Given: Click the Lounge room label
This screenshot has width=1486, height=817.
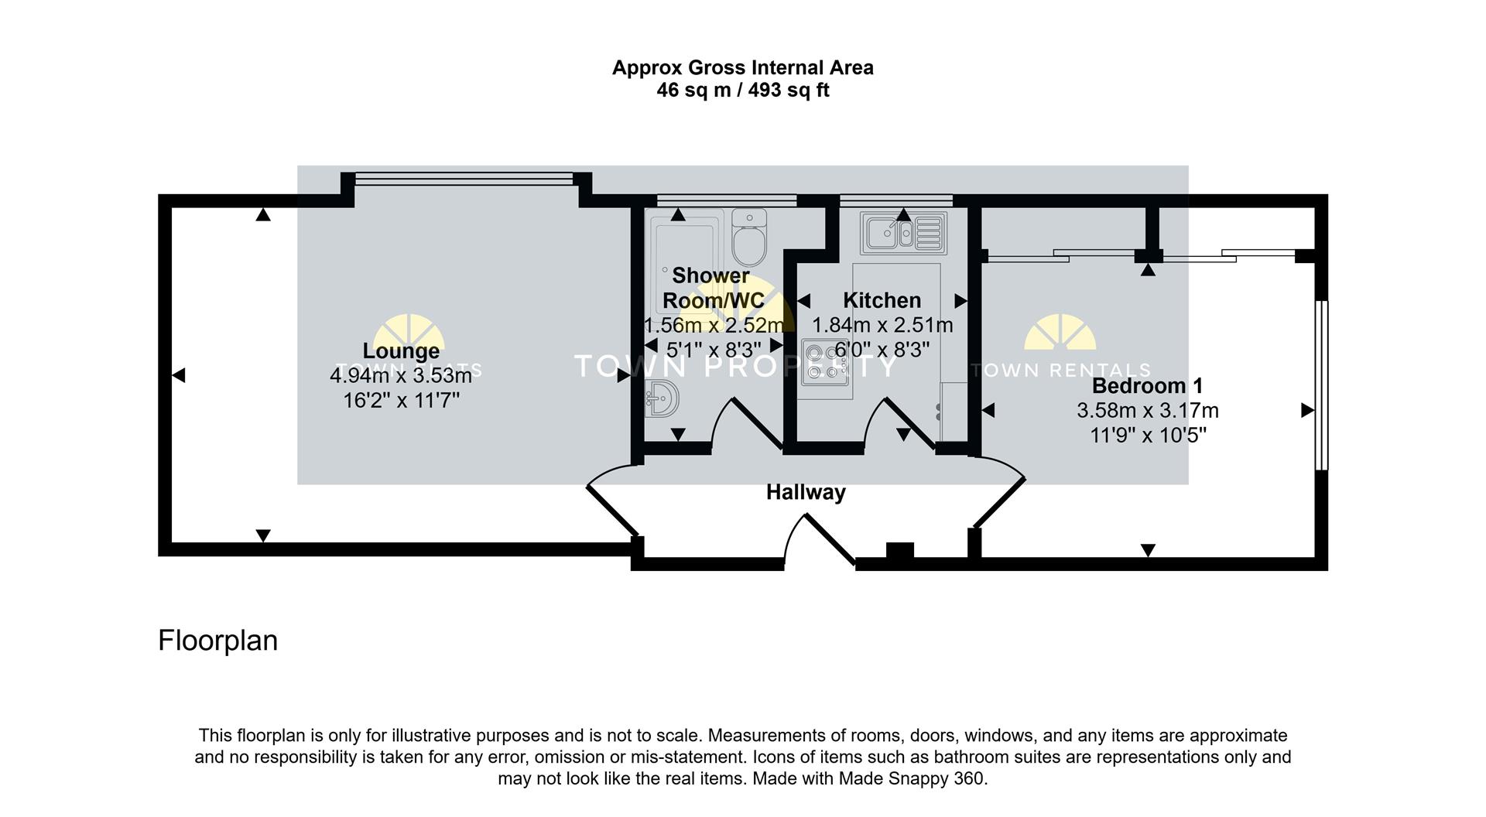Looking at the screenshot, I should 401,350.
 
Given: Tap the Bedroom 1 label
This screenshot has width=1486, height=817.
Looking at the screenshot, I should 1147,386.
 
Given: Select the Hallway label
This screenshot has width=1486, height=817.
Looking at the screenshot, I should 806,492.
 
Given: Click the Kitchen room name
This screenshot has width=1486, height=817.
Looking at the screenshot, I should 882,300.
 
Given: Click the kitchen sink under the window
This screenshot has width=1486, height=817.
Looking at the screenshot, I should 903,231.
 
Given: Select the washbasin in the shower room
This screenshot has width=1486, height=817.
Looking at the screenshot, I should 662,399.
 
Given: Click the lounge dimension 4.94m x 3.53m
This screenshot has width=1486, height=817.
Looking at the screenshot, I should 401,376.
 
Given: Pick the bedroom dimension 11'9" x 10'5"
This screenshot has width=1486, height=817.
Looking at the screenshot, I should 1148,436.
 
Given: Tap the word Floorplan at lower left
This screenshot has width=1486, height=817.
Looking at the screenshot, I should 217,641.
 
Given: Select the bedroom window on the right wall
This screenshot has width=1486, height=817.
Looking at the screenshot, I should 1322,385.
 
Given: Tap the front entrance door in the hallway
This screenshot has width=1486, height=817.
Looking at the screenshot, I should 819,542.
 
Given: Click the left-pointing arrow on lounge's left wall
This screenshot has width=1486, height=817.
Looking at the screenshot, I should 179,376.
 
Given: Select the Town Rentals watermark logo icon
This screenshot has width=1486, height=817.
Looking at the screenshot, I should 1060,333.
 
